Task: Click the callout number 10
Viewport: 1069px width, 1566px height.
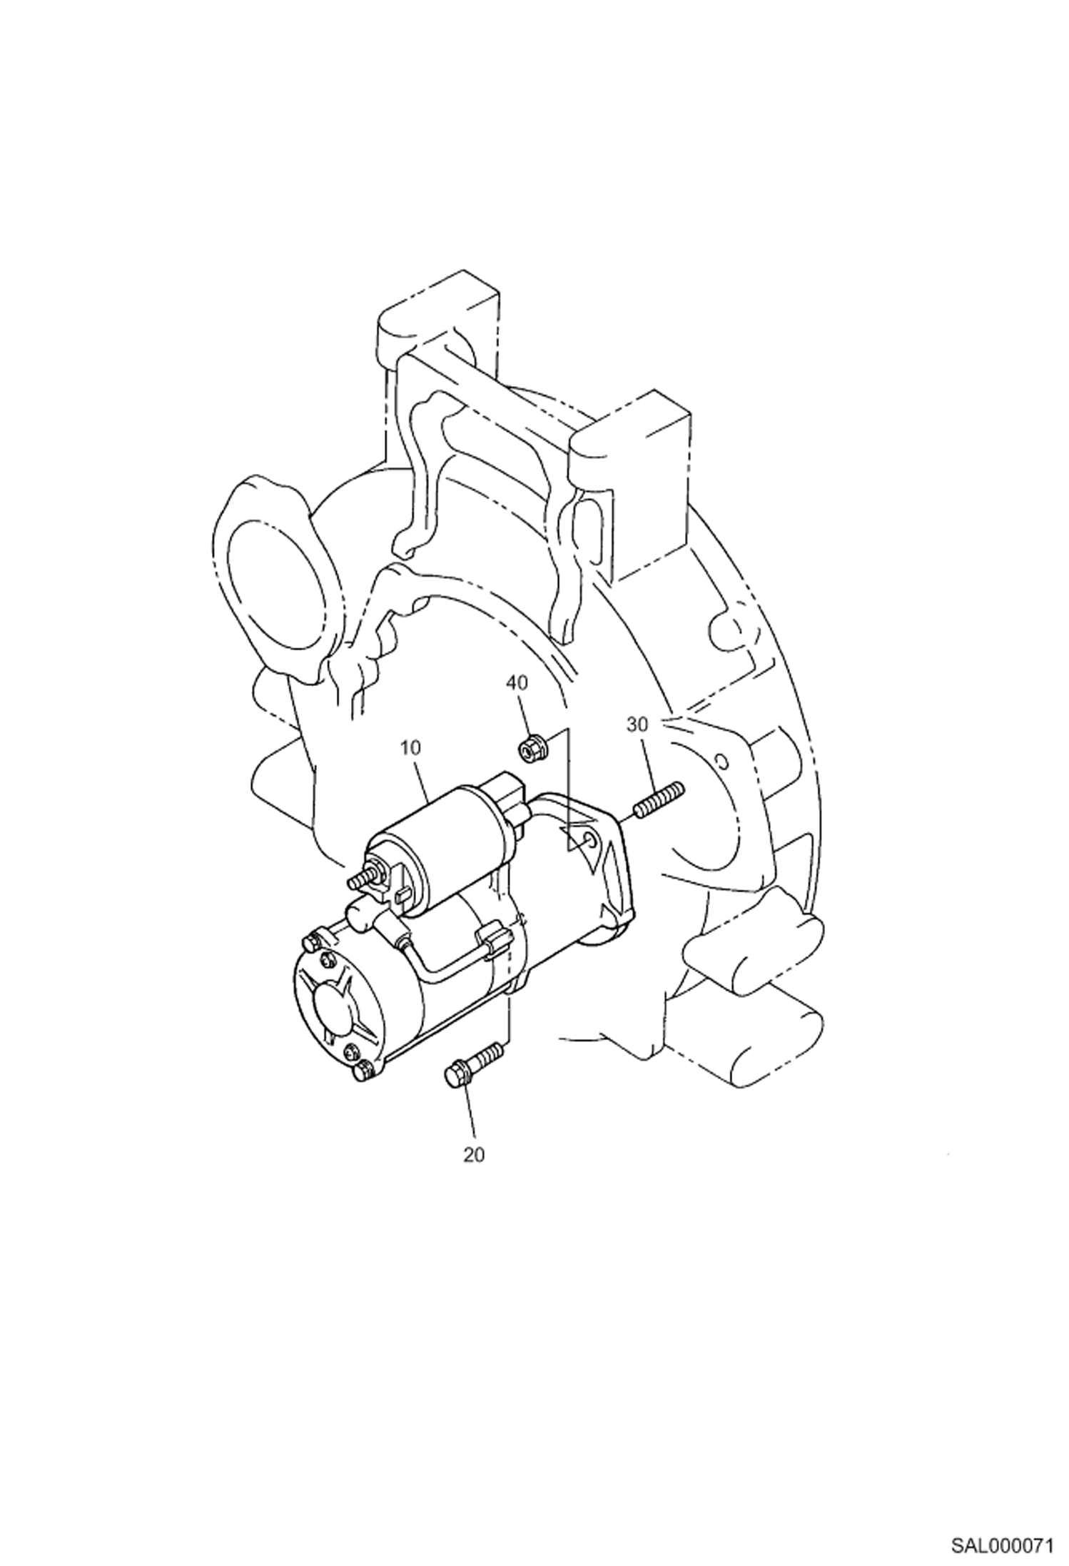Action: pos(411,747)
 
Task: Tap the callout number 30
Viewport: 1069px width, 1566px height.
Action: pos(637,724)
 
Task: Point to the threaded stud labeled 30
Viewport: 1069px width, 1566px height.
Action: pos(657,800)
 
